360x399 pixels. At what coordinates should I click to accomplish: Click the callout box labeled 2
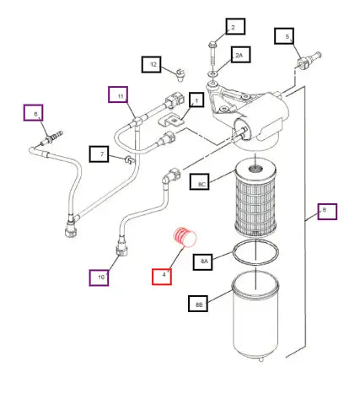point(235,26)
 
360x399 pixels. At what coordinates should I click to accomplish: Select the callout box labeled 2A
point(241,55)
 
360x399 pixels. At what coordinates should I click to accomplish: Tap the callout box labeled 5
point(284,36)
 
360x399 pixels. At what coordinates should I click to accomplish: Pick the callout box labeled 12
point(152,64)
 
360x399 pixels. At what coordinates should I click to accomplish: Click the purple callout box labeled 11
point(118,94)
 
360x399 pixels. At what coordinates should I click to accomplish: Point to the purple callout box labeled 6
point(34,113)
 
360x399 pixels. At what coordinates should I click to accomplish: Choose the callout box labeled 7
point(99,154)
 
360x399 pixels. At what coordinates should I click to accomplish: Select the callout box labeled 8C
point(199,181)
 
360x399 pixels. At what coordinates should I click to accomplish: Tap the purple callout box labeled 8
point(327,212)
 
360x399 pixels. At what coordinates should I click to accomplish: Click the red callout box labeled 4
point(162,277)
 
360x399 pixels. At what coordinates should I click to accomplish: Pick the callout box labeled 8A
point(202,262)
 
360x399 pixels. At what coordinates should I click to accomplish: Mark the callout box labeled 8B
point(198,304)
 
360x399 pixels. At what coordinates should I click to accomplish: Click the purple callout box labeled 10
point(99,278)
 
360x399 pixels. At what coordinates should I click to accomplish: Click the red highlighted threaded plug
point(185,237)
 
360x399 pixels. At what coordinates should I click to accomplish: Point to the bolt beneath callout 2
point(212,54)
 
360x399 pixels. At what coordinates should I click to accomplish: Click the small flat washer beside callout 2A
point(212,74)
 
